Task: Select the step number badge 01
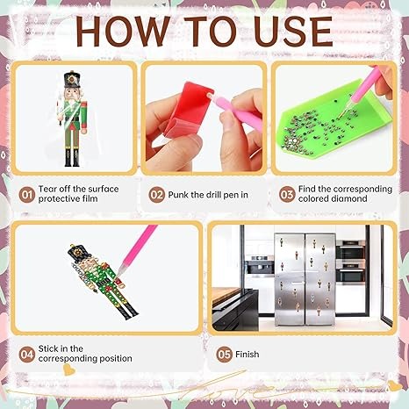(27, 194)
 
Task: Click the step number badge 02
(157, 195)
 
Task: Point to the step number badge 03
(287, 194)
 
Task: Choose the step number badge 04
(27, 355)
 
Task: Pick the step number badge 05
(225, 355)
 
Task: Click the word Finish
(248, 355)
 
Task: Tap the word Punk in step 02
(178, 195)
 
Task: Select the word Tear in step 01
(47, 189)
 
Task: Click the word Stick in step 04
(48, 348)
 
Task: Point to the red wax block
(187, 110)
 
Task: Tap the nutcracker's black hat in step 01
(72, 79)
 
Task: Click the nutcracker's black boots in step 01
(72, 158)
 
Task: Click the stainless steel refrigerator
(305, 279)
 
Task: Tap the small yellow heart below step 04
(69, 370)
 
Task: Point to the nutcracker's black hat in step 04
(77, 253)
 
